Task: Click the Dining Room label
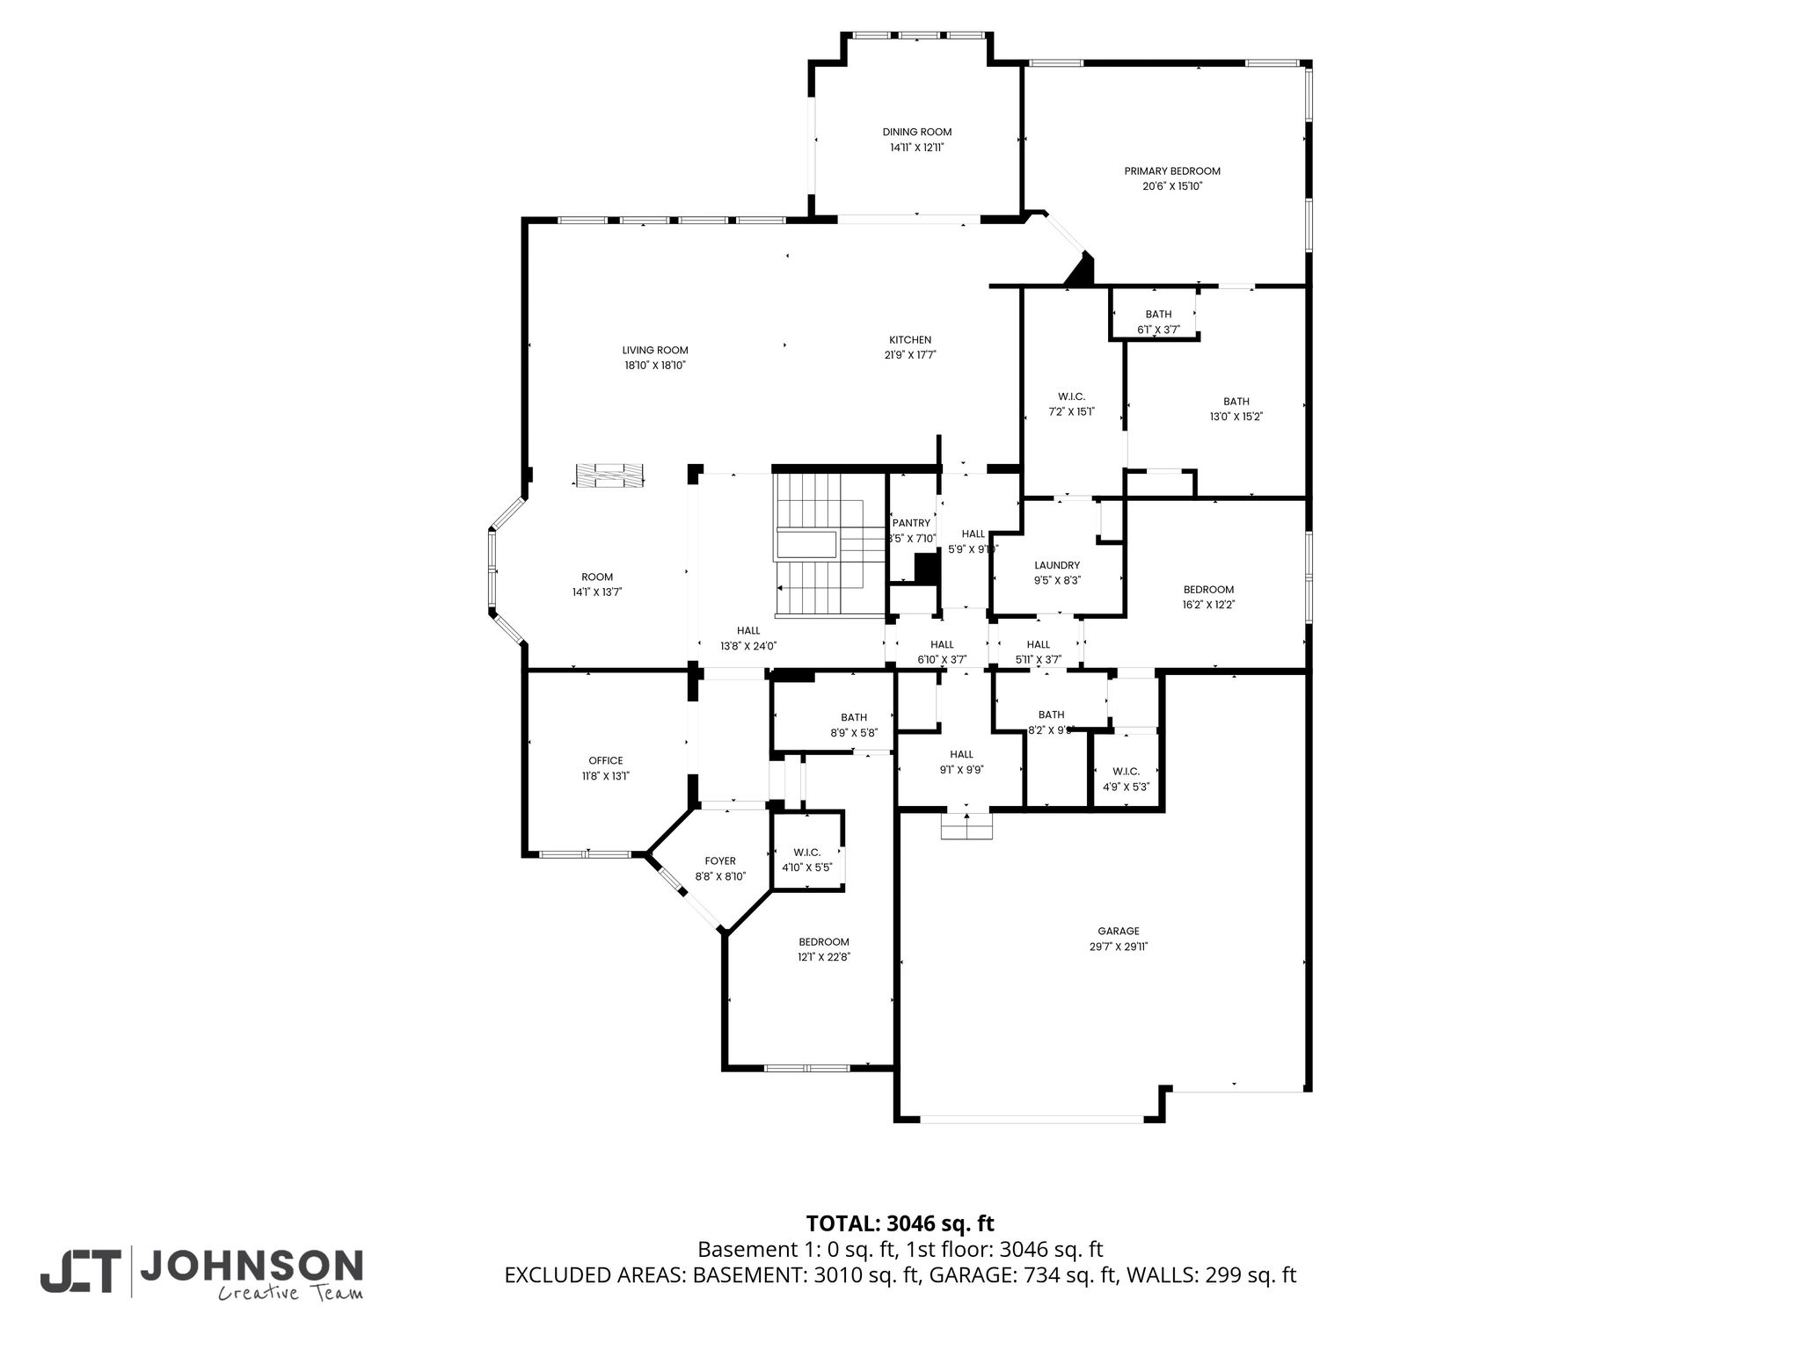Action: point(917,132)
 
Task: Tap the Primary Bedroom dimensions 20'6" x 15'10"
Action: point(1172,186)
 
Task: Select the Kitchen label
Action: point(910,340)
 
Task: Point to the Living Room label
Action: point(655,350)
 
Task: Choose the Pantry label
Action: point(911,523)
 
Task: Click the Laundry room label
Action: point(1057,565)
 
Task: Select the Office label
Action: point(606,761)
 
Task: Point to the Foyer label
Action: point(720,861)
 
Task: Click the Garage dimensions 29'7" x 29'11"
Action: point(1119,947)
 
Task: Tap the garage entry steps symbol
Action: point(966,826)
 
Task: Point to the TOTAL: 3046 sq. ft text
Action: point(900,1223)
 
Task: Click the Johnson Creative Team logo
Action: point(201,1273)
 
